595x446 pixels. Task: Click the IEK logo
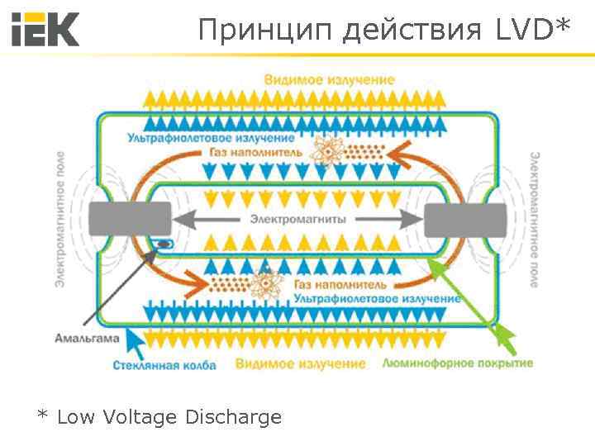pos(45,29)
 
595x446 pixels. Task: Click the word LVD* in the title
pos(533,29)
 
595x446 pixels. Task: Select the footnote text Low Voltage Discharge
pos(169,417)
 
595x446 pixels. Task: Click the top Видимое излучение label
pos(329,80)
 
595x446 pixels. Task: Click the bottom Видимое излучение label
pos(300,363)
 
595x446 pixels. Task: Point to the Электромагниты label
pos(297,220)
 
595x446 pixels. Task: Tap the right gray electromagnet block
pos(464,220)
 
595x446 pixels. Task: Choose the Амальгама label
pos(87,337)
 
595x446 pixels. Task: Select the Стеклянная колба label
pos(164,364)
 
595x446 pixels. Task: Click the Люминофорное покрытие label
pos(458,363)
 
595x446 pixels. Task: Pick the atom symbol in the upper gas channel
pos(328,151)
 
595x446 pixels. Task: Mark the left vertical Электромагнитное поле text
pos(61,220)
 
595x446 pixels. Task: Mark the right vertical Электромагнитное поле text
pos(535,220)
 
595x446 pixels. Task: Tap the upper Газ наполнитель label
pos(250,152)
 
